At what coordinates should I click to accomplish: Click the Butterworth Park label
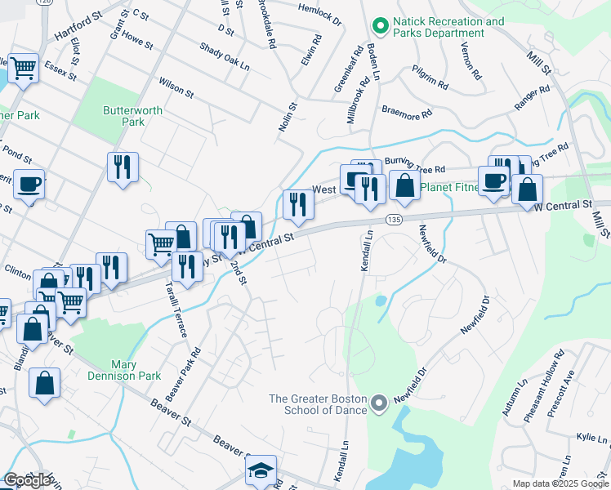coord(132,116)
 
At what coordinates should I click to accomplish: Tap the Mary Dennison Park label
coord(136,370)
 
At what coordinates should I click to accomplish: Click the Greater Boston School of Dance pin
coord(378,403)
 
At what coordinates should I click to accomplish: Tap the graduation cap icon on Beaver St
coord(261,470)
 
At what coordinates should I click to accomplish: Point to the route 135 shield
coord(394,220)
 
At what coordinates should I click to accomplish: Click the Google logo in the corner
coord(27,479)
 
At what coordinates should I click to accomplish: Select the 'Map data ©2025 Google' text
coord(560,483)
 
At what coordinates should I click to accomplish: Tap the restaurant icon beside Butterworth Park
coord(123,167)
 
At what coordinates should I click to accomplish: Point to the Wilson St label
coord(176,88)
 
